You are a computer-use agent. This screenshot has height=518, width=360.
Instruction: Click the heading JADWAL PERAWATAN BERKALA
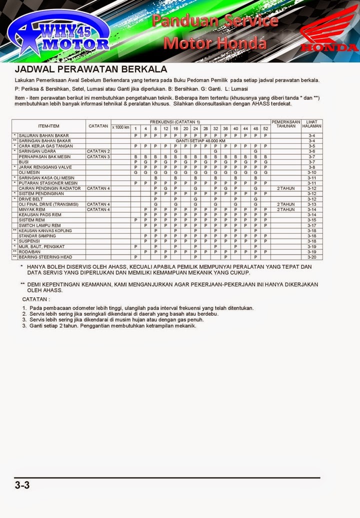pyautogui.click(x=90, y=69)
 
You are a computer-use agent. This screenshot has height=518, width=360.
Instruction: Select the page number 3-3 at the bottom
pyautogui.click(x=22, y=484)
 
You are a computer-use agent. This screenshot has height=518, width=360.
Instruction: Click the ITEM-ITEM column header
pyautogui.click(x=48, y=126)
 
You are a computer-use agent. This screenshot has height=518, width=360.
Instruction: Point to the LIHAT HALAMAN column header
pyautogui.click(x=312, y=124)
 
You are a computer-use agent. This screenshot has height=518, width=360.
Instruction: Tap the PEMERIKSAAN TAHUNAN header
pyautogui.click(x=286, y=124)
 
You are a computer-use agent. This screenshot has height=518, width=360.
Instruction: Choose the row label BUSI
pyautogui.click(x=23, y=162)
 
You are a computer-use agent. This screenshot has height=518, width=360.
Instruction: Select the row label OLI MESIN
pyautogui.click(x=28, y=172)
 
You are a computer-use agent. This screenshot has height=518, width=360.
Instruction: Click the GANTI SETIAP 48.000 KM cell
pyautogui.click(x=200, y=141)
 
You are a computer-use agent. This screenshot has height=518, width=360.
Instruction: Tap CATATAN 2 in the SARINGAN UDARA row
pyautogui.click(x=98, y=151)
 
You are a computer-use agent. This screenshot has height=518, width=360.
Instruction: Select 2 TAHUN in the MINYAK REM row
pyautogui.click(x=286, y=209)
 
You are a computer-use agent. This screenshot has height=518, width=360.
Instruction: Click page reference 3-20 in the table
pyautogui.click(x=312, y=257)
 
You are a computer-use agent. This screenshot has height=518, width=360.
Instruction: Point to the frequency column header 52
pyautogui.click(x=265, y=128)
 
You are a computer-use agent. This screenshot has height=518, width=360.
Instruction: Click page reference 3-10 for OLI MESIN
pyautogui.click(x=312, y=172)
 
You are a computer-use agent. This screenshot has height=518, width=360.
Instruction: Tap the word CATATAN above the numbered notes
pyautogui.click(x=36, y=299)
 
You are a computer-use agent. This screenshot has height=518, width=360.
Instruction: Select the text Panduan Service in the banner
pyautogui.click(x=215, y=21)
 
